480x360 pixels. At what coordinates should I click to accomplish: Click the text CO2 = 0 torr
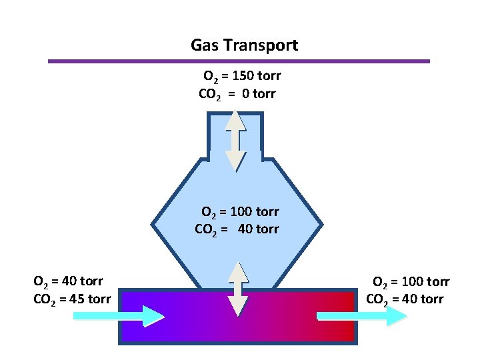coord(237,94)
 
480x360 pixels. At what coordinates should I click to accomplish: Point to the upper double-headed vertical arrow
coord(235,140)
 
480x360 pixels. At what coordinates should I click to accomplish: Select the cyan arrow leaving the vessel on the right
coord(361,316)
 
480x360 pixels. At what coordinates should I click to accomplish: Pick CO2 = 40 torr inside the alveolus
coord(237,229)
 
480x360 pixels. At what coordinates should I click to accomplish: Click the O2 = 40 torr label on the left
coord(68,282)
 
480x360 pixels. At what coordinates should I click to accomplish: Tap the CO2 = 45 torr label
coord(72,298)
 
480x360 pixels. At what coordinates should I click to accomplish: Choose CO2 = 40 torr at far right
coord(405,299)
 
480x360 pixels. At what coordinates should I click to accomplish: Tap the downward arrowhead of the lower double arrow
coord(238,306)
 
